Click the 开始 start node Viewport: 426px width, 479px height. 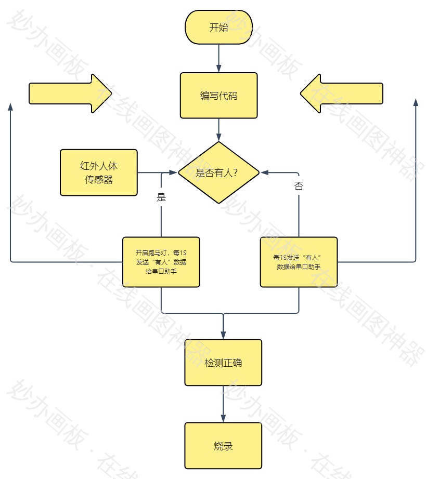(218, 28)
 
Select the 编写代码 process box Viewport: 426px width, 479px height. (218, 96)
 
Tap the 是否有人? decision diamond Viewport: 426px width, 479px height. (218, 172)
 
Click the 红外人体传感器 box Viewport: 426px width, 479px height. (99, 172)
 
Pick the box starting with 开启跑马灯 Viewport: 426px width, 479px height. (161, 262)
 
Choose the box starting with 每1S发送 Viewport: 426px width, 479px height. (299, 262)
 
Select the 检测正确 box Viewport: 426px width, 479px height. (223, 363)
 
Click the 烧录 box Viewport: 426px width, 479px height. (223, 446)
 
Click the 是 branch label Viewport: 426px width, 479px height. (161, 197)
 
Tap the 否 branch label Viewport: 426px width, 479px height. (299, 186)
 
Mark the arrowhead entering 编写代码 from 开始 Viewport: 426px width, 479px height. (218, 69)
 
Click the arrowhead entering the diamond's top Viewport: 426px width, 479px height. (218, 137)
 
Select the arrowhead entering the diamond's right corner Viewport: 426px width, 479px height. (264, 172)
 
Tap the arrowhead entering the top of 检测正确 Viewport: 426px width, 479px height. (223, 335)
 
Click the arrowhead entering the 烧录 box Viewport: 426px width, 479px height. (223, 418)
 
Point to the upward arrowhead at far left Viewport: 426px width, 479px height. (10, 106)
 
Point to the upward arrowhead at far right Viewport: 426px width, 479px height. (416, 102)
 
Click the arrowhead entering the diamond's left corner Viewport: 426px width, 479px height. (173, 172)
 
